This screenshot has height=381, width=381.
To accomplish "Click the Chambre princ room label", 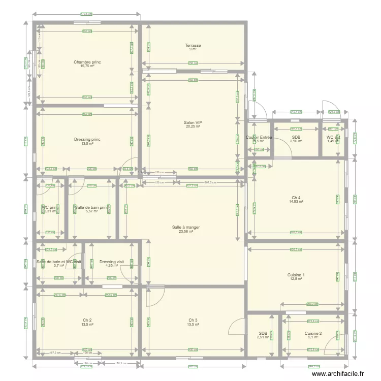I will coord(87,62).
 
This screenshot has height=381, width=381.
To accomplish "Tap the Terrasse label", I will coord(193,45).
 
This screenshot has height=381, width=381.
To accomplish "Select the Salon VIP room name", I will coord(193,122).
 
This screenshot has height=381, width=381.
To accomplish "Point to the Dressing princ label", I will coord(87,139).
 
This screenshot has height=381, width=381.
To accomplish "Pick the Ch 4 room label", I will coord(296,198).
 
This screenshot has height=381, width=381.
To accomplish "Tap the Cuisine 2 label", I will coord(313,334).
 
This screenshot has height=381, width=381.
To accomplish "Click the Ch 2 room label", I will coord(87,320).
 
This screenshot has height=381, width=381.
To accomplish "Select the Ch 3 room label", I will coord(193,320).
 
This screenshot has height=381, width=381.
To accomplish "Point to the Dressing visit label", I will coord(112,262).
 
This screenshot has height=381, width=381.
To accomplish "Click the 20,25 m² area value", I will coord(193,126).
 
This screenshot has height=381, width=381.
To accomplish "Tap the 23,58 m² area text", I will coord(193,232).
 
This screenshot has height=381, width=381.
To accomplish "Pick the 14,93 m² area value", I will coord(296,202).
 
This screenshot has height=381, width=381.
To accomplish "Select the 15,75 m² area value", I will coord(87,66).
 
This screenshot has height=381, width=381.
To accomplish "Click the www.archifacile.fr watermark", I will coord(338,373).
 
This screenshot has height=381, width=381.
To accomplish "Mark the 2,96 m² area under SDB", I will coord(296,141).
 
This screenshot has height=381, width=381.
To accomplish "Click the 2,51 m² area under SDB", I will coord(263,337).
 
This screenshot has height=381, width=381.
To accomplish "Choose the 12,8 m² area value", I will coord(296,279).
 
